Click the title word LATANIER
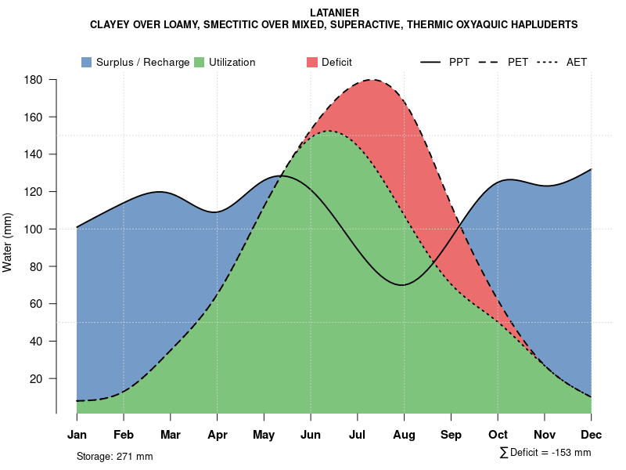(x=334, y=13)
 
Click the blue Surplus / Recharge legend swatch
(x=86, y=62)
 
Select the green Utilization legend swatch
(x=199, y=62)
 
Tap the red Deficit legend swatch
(x=311, y=62)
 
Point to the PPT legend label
(x=459, y=62)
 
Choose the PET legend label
(x=518, y=62)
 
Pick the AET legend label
(x=577, y=62)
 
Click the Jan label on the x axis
(x=77, y=435)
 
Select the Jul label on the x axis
(x=358, y=435)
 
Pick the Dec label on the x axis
(x=592, y=435)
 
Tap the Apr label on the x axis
(x=218, y=435)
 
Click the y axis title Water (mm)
(x=8, y=243)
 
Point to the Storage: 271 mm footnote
(x=114, y=456)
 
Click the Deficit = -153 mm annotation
(x=549, y=453)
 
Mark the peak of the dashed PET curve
(x=372, y=80)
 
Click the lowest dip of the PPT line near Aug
(x=402, y=285)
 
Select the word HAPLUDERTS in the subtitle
(x=541, y=25)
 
